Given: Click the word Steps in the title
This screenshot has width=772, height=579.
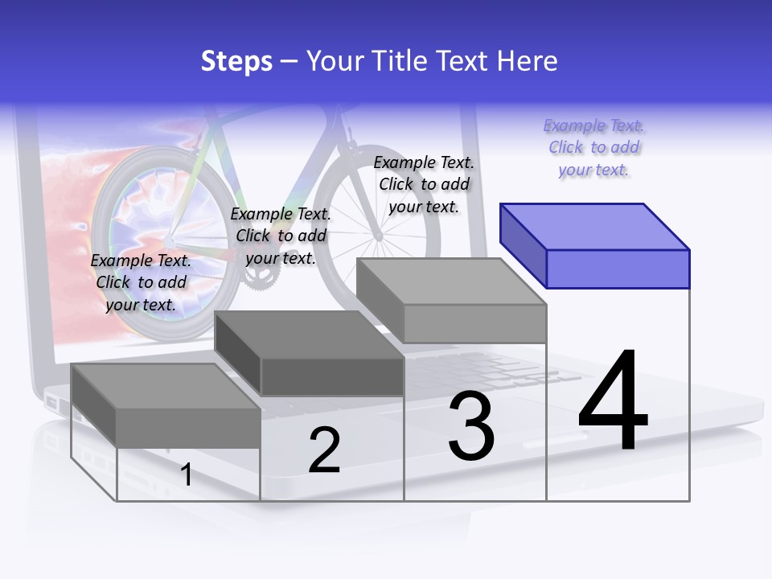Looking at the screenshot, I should pos(236,61).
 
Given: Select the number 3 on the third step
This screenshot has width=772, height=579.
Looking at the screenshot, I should pos(470,426).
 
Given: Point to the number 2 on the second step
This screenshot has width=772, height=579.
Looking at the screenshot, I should pos(324,450).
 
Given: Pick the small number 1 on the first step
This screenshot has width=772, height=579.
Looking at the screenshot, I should pos(186,474).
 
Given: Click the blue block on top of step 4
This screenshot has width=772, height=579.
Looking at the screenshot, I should pos(595,245).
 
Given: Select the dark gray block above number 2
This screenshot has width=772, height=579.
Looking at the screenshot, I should pos(310,353).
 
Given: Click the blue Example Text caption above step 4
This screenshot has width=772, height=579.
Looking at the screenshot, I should pos(593,147).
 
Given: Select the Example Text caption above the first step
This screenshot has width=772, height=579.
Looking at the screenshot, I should pos(141,282).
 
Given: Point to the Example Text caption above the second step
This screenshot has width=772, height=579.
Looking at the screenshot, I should pos(281,236).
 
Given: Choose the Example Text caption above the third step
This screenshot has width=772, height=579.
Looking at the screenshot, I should pos(424,184).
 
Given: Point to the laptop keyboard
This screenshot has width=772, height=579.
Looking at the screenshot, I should pos(515,370).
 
